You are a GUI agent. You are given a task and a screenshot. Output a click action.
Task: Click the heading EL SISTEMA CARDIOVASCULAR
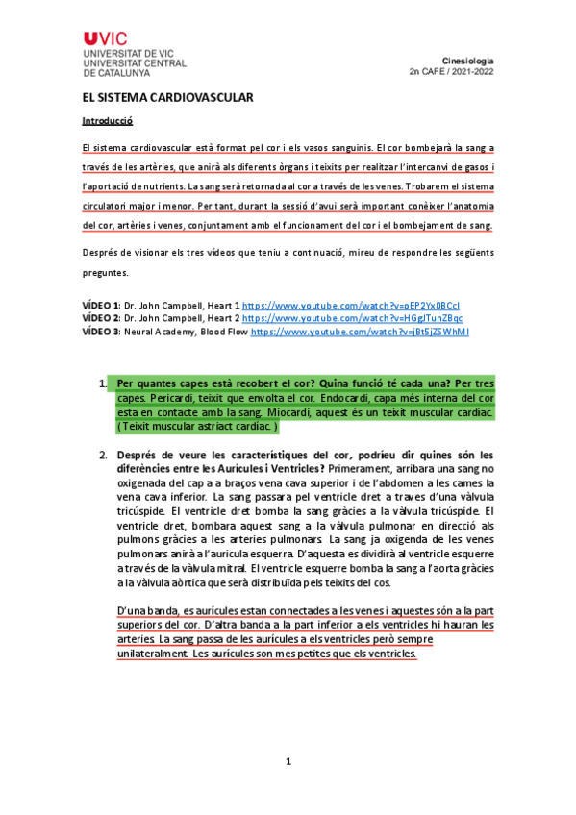(x=167, y=98)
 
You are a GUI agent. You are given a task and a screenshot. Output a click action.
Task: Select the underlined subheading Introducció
(x=107, y=122)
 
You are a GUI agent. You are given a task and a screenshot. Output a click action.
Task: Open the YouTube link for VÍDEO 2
(x=352, y=318)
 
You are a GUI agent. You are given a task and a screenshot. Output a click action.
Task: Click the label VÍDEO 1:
(x=102, y=305)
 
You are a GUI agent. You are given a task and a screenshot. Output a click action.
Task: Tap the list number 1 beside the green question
(x=102, y=384)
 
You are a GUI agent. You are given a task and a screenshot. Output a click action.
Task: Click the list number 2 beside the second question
(x=102, y=455)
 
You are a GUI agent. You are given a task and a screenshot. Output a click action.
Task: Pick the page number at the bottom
(x=288, y=761)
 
